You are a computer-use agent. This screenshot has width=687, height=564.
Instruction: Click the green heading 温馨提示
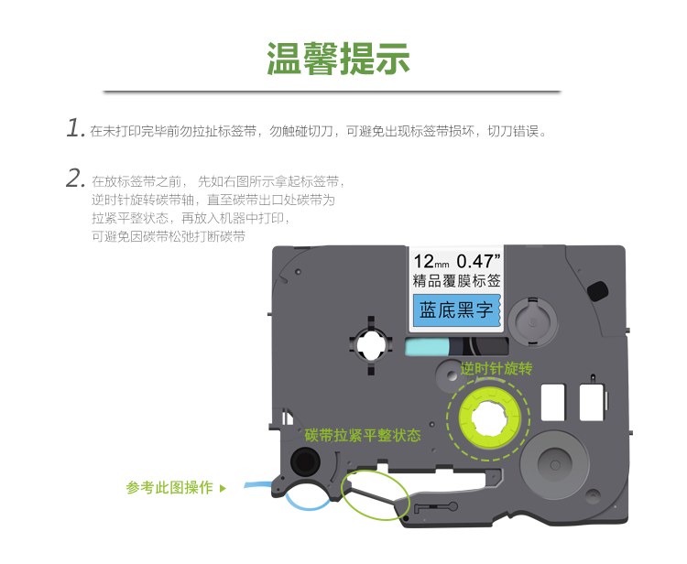(x=338, y=59)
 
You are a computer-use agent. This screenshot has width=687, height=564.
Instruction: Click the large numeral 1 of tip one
(x=74, y=127)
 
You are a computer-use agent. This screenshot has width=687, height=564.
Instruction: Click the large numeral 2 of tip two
(x=75, y=179)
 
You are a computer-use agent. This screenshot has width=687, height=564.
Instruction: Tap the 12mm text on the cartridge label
(x=431, y=262)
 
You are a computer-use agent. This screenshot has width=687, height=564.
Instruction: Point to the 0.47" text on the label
(x=478, y=261)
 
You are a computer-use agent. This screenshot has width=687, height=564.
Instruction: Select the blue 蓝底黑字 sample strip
(x=456, y=310)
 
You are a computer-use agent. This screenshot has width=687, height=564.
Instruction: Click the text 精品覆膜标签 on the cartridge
(x=456, y=281)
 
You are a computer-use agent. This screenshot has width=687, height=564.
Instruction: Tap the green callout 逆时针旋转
(x=496, y=369)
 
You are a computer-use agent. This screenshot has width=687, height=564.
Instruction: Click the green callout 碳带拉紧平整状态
(x=363, y=435)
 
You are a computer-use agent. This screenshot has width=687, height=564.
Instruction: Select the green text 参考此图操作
(x=169, y=487)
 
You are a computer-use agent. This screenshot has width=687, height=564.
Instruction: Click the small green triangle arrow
(x=223, y=488)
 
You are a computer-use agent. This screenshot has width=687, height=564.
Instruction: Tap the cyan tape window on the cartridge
(x=427, y=347)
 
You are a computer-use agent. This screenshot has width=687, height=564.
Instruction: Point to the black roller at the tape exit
(x=305, y=461)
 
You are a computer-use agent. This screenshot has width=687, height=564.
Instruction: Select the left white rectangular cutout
(x=553, y=403)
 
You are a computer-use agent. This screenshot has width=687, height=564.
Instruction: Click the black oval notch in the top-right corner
(x=597, y=291)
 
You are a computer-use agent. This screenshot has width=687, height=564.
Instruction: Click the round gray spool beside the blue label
(x=533, y=322)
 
